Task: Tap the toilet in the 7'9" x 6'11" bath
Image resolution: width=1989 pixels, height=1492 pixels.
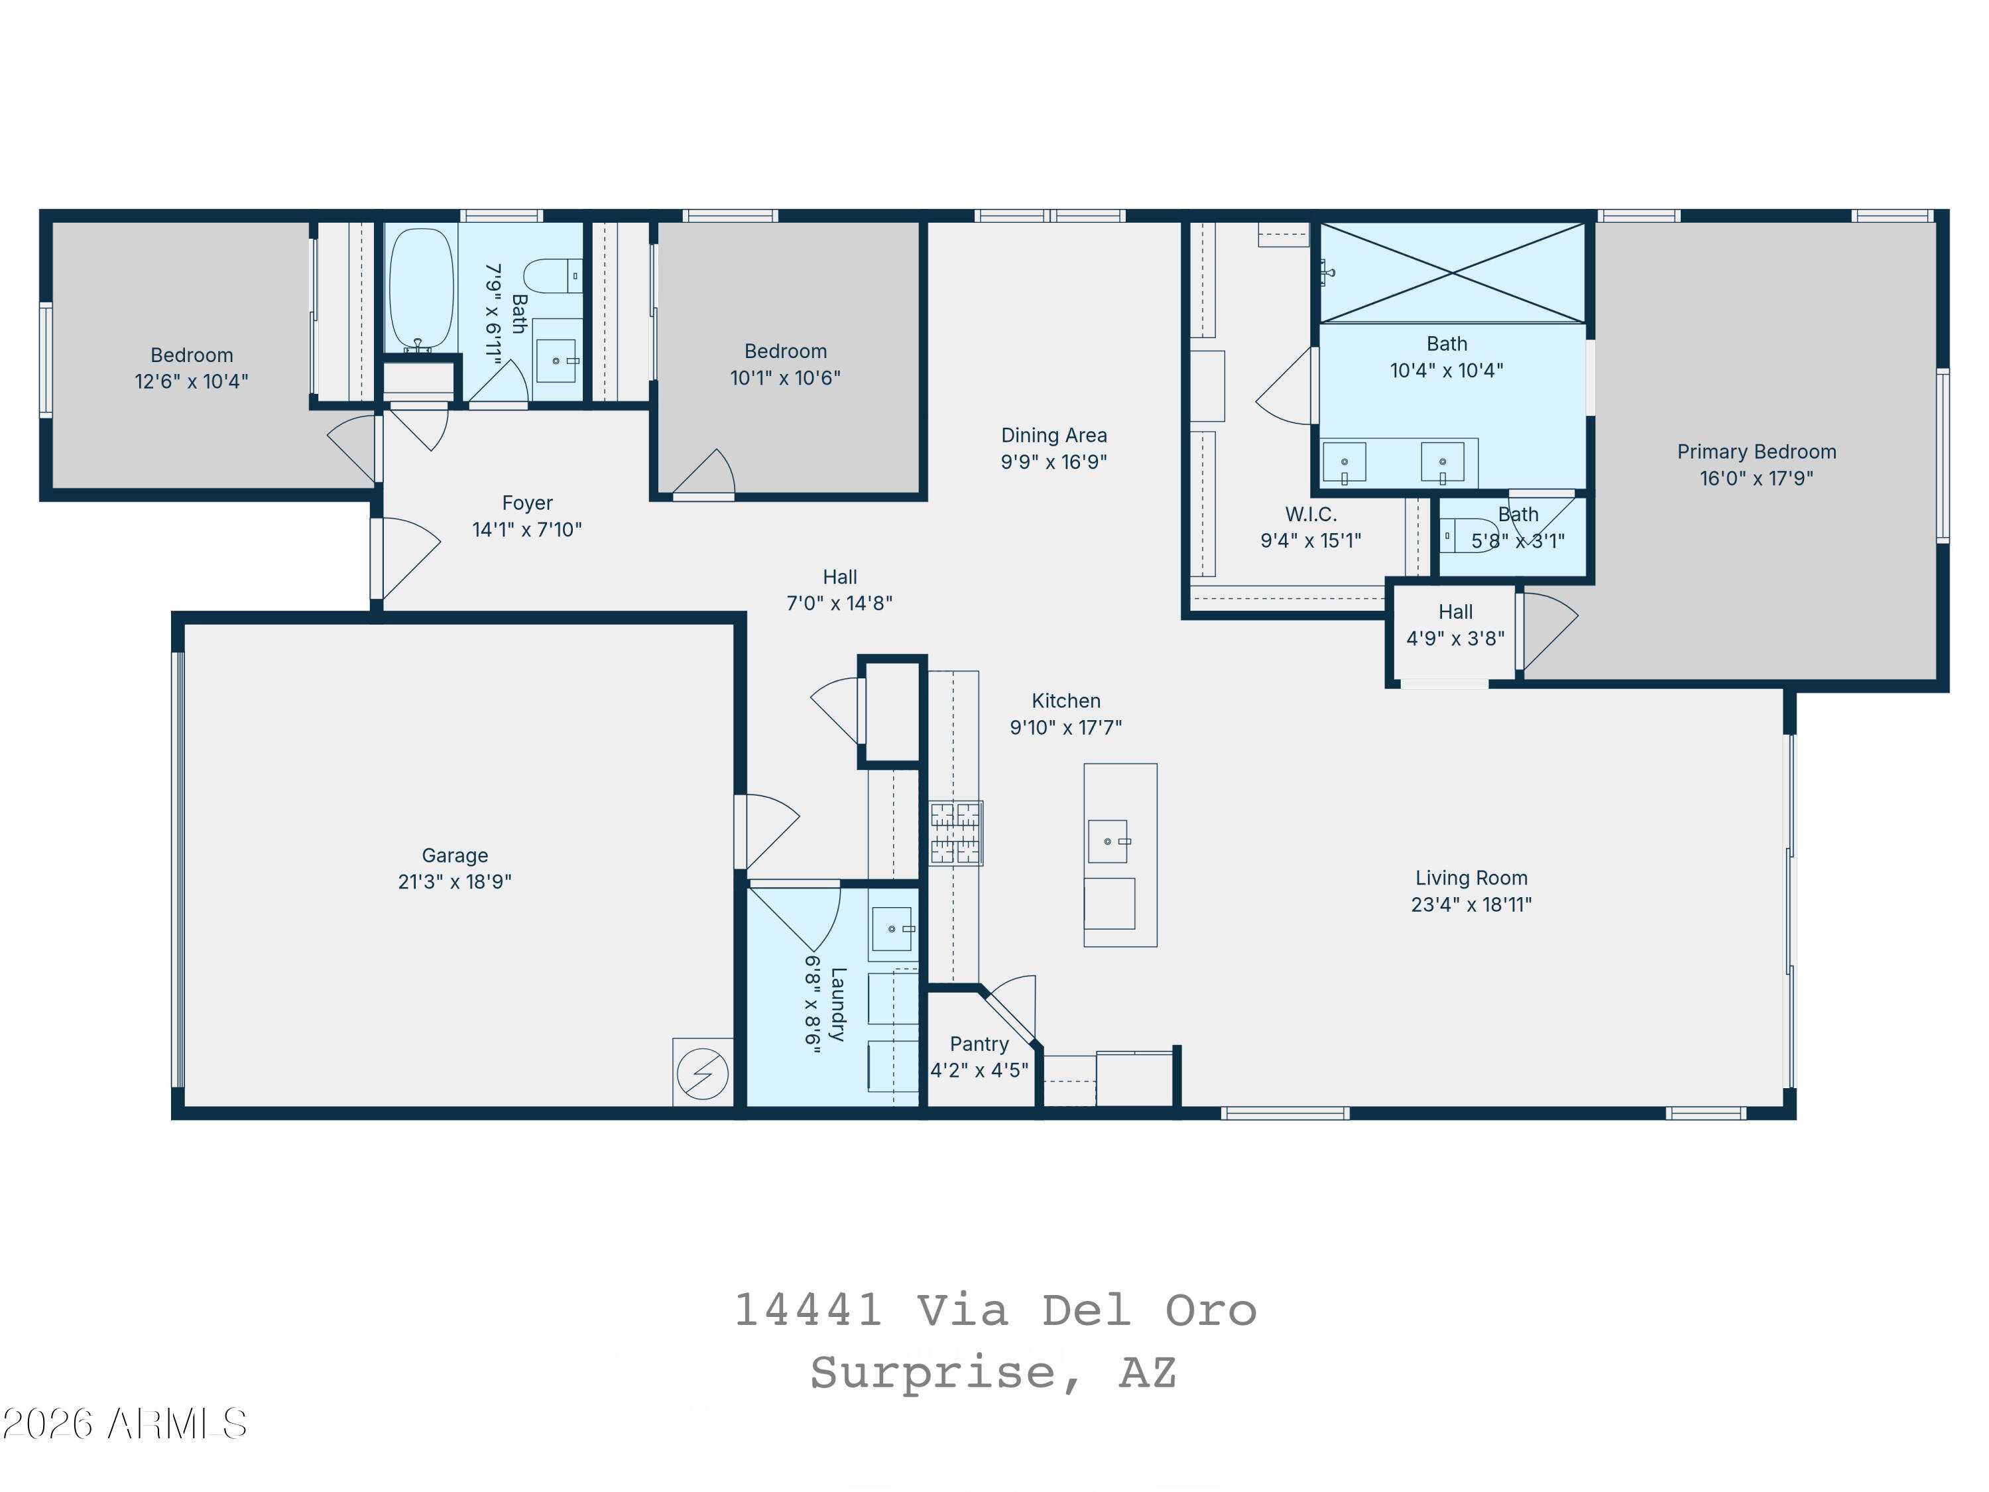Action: pos(553,276)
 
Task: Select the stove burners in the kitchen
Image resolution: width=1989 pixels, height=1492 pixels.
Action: pos(955,834)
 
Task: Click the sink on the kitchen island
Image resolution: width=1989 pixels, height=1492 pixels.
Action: pos(1108,841)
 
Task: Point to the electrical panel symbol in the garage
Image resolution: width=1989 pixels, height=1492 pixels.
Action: pos(702,1073)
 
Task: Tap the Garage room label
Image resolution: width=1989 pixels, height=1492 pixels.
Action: pos(455,855)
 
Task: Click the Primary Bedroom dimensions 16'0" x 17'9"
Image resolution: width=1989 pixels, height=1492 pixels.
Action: pos(1756,479)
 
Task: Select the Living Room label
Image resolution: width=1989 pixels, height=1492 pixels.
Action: pos(1471,878)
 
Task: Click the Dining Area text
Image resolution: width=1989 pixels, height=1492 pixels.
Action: pos(1054,435)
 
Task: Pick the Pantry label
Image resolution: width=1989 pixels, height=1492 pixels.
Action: pos(979,1044)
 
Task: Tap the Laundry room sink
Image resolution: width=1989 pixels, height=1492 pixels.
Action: pos(892,929)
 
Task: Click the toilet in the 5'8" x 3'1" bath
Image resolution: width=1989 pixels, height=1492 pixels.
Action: pos(1469,536)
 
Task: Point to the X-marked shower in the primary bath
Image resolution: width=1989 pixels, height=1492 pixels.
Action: pos(1452,273)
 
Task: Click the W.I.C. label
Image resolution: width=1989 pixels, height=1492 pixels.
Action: pos(1311,515)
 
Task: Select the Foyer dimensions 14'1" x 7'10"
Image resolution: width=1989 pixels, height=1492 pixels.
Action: pos(527,530)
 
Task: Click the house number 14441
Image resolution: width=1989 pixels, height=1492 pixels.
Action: pos(808,1310)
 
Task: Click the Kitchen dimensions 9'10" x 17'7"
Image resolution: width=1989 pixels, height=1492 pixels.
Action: pos(1065,727)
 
